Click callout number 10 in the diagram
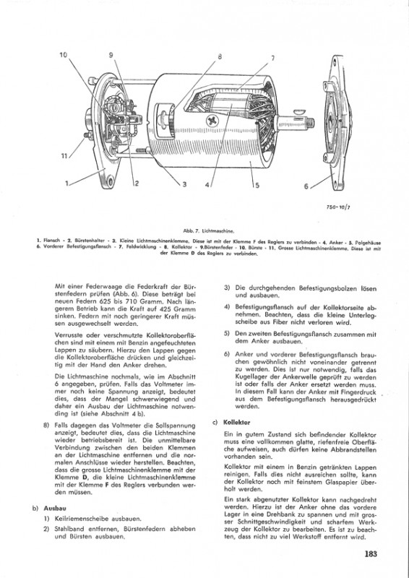[x=64, y=55]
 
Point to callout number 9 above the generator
[x=111, y=55]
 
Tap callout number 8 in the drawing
[x=220, y=57]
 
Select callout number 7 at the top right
[x=273, y=58]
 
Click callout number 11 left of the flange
[x=64, y=156]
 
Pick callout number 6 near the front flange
[x=306, y=186]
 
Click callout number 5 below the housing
[x=257, y=186]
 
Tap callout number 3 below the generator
[x=184, y=184]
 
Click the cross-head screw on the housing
[x=212, y=120]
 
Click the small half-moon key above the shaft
[x=299, y=111]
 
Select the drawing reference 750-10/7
[x=338, y=207]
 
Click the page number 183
[x=371, y=553]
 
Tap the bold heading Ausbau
[x=52, y=508]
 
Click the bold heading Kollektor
[x=237, y=423]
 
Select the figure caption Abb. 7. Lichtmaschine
[x=208, y=231]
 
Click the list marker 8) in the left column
[x=46, y=425]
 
